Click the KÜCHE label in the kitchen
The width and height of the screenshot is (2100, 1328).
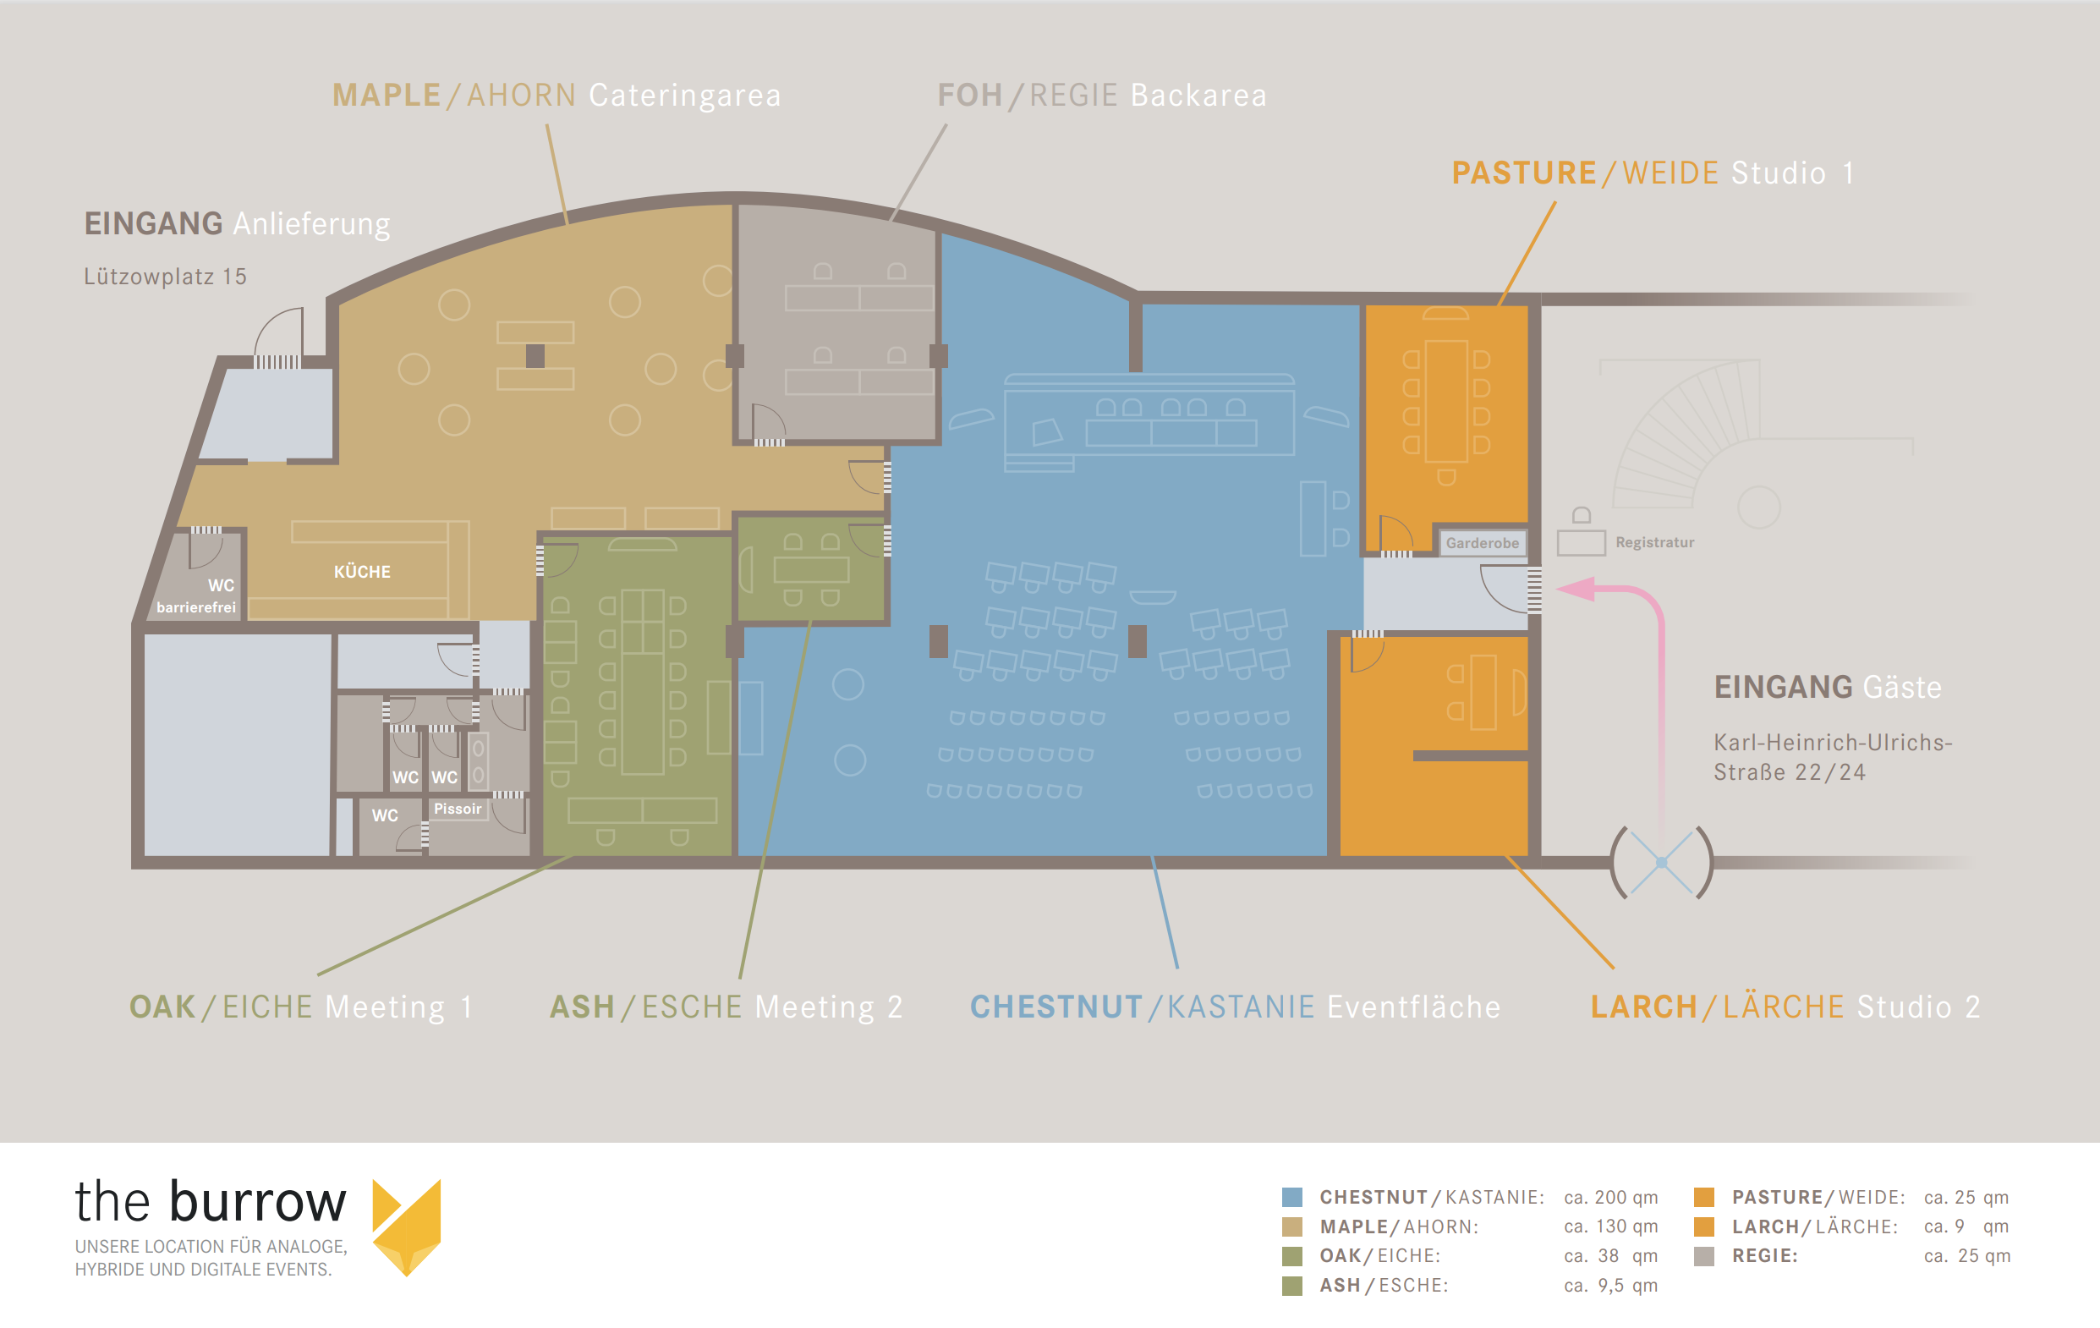point(362,572)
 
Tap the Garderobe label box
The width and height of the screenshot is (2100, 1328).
point(1482,543)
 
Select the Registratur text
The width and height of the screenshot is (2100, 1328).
point(1654,542)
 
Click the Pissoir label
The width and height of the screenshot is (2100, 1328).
point(458,809)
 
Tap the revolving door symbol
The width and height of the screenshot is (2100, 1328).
point(1661,863)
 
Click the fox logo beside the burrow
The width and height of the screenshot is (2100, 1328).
point(407,1226)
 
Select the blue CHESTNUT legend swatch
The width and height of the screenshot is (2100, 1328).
point(1291,1197)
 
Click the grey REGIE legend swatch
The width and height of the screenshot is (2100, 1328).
point(1703,1255)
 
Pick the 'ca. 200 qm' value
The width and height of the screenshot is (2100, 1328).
point(1611,1197)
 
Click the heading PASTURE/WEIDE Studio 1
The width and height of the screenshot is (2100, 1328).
point(1653,173)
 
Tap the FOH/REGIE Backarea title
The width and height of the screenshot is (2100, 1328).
point(1101,95)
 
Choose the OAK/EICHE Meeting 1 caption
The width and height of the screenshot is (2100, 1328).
point(301,1007)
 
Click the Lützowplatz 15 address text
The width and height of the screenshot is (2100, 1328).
point(165,277)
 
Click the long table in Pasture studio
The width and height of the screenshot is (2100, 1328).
point(1446,401)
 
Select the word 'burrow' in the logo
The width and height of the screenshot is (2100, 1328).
point(258,1202)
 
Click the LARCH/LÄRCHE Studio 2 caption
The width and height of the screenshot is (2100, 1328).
point(1785,1007)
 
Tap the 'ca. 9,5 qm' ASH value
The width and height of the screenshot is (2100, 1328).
point(1611,1285)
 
